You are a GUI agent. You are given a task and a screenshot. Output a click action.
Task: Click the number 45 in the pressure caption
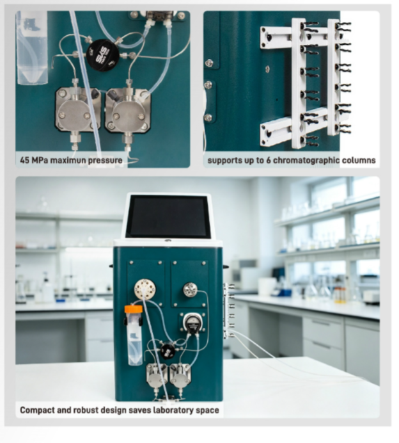coord(24,161)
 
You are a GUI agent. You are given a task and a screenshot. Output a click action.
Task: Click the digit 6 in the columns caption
coord(268,160)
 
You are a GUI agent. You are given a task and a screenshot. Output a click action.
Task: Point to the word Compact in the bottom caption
coord(37,410)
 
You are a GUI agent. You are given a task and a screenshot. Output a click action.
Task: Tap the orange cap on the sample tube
coord(133,309)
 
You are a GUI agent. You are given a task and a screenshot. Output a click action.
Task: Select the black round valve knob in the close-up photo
coord(102,55)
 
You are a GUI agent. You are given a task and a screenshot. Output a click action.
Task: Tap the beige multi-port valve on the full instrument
coord(145,289)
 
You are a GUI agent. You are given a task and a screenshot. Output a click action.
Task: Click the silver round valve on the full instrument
coord(190,289)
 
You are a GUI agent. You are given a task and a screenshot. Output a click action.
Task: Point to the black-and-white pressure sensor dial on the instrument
coord(192,323)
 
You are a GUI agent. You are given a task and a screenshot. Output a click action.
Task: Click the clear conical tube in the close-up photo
coord(31,48)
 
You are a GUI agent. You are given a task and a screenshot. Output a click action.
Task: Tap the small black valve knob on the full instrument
coord(168,350)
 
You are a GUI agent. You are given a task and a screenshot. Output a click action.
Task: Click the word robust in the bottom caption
coord(86,410)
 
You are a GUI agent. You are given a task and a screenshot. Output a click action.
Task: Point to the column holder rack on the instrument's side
coord(229,310)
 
